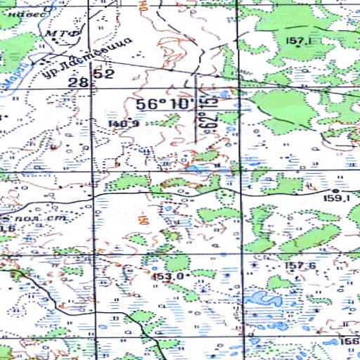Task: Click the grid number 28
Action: point(78,83)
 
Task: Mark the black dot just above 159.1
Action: point(335,191)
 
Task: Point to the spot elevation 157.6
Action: point(300,265)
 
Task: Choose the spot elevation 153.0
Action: point(168,276)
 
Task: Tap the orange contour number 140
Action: point(145,8)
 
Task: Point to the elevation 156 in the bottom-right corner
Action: point(349,341)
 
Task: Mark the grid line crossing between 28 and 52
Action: point(91,78)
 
